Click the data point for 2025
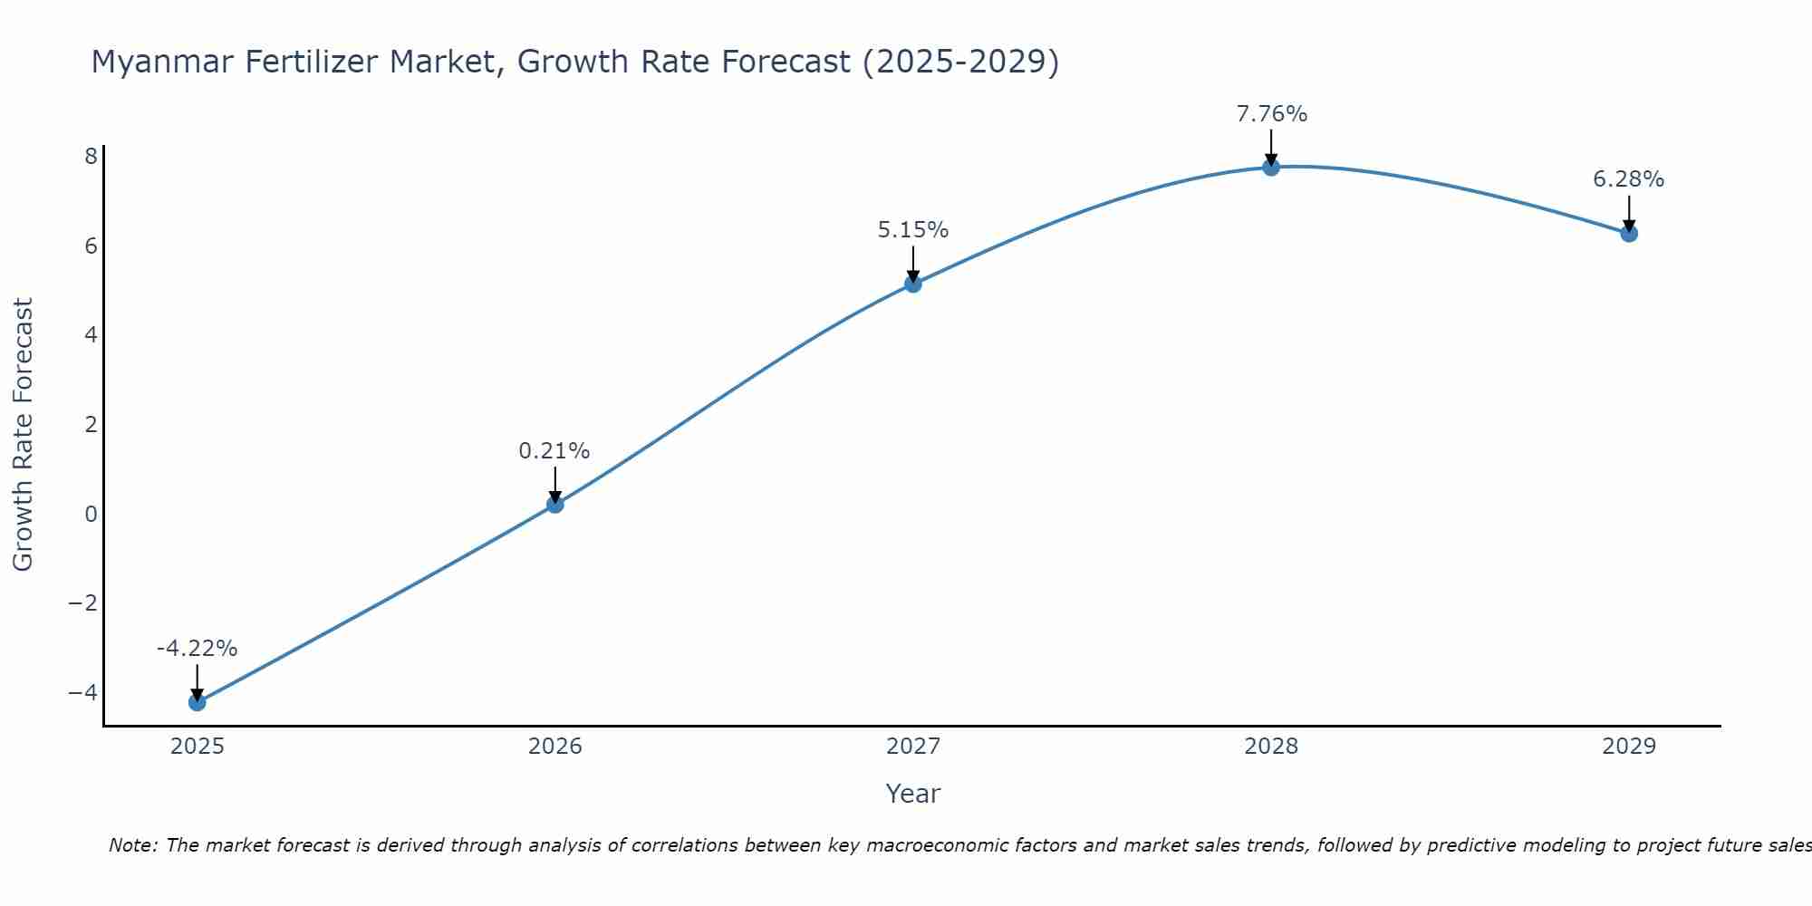[197, 702]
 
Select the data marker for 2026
[554, 504]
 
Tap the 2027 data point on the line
[912, 284]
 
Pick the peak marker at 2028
[1270, 167]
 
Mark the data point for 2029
[1628, 233]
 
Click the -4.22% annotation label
[197, 649]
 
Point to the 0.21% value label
[554, 451]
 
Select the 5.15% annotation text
[912, 230]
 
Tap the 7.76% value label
[1271, 114]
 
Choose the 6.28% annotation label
[1628, 179]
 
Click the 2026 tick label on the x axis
[554, 747]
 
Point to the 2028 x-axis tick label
[1270, 747]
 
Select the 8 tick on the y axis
[91, 157]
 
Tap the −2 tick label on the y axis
[82, 603]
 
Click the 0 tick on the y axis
[91, 515]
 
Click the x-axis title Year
[912, 794]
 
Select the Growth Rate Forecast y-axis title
[23, 434]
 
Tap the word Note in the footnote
[132, 845]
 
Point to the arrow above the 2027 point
[912, 264]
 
